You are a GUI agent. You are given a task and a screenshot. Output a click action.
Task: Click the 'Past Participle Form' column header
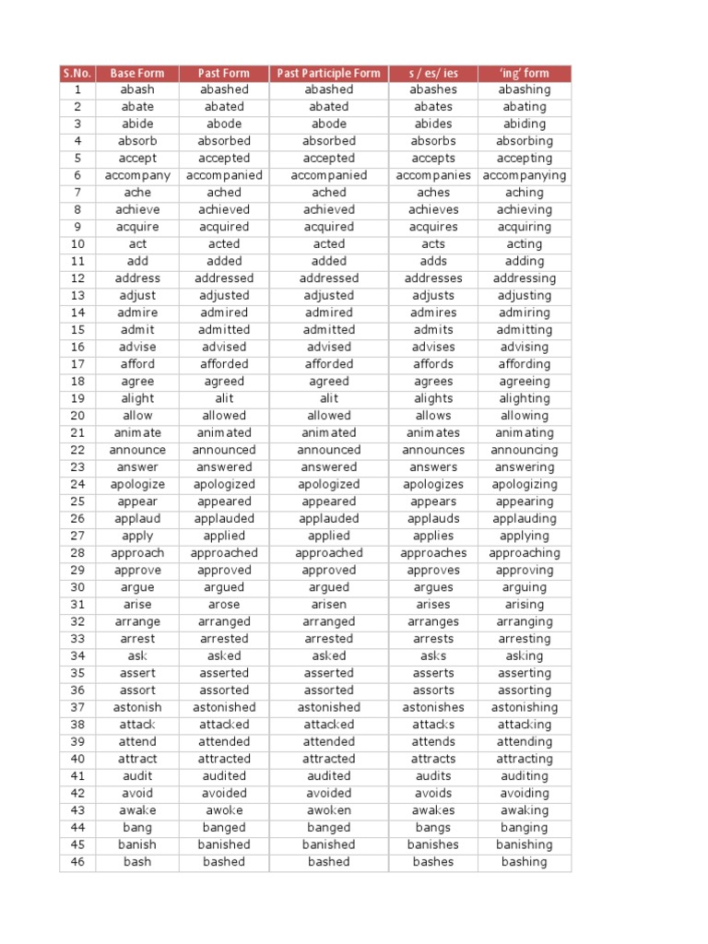[x=328, y=73]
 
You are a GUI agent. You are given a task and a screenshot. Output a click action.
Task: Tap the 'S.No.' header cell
[x=77, y=73]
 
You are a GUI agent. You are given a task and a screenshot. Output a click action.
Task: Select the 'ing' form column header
[x=524, y=73]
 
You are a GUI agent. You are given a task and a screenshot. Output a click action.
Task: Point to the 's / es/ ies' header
[x=433, y=73]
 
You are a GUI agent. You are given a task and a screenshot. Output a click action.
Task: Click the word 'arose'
[x=224, y=605]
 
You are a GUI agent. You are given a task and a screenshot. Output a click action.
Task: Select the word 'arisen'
[x=329, y=605]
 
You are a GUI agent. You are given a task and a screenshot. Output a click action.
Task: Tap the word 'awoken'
[x=329, y=810]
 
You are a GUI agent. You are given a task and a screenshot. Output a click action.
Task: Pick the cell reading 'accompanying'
[x=525, y=175]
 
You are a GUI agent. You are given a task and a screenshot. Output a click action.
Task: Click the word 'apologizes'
[x=433, y=484]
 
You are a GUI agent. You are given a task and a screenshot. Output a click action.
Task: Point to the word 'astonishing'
[x=525, y=707]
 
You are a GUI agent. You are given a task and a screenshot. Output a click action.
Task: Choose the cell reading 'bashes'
[x=433, y=862]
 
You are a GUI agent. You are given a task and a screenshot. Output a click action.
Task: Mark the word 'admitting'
[x=525, y=330]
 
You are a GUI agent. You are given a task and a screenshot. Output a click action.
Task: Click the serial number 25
[x=77, y=501]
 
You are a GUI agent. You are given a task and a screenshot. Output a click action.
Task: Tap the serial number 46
[x=77, y=862]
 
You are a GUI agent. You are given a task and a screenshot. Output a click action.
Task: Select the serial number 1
[x=77, y=89]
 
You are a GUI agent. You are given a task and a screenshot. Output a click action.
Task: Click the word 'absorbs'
[x=433, y=141]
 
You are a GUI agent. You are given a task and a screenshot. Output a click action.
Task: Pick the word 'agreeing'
[x=525, y=382]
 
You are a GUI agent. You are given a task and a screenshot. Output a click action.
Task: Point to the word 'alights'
[x=433, y=398]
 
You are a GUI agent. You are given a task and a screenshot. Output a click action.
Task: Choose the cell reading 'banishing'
[x=525, y=844]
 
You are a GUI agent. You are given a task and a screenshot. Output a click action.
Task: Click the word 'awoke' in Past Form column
[x=224, y=810]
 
